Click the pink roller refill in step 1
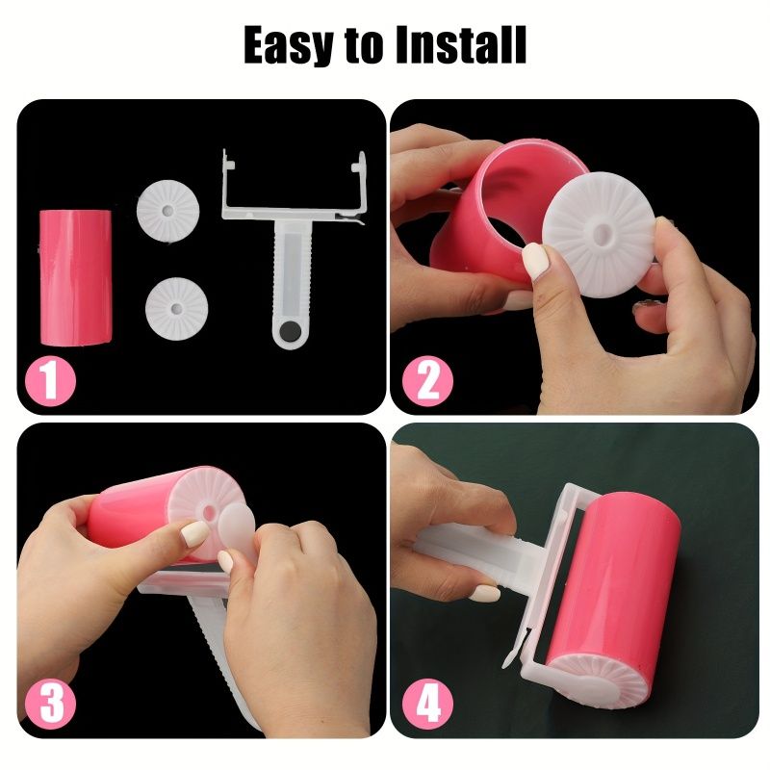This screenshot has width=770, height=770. pyautogui.click(x=75, y=277)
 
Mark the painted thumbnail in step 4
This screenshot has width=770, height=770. pyautogui.click(x=484, y=593)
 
